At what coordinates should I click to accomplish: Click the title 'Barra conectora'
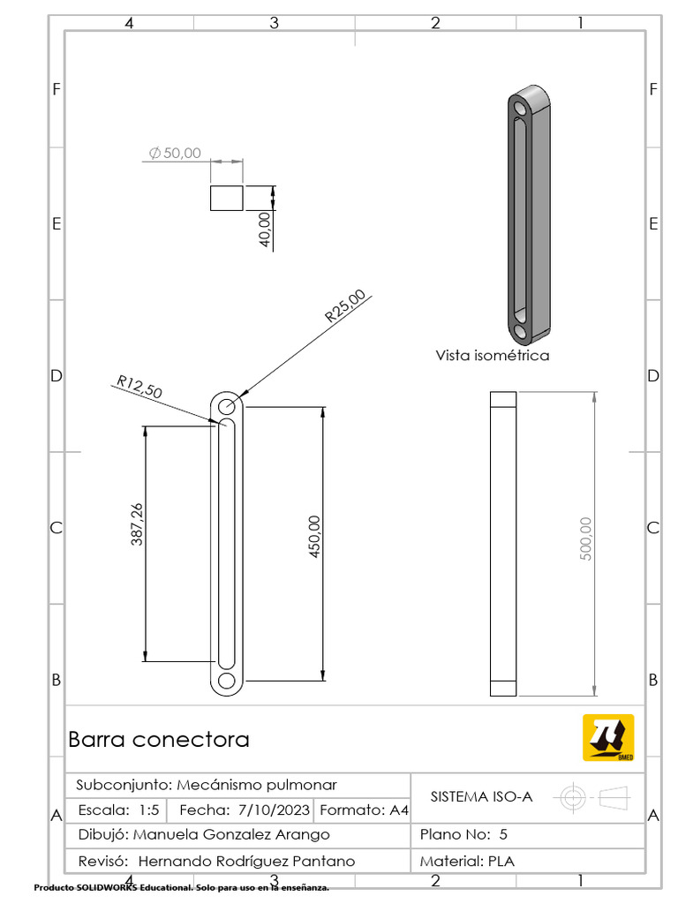click(159, 740)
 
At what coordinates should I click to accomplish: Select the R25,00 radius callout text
click(344, 305)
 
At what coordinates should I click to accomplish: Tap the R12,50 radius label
click(139, 388)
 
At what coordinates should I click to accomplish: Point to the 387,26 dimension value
click(137, 524)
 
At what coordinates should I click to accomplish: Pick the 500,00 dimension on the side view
click(585, 538)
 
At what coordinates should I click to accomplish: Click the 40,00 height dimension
click(265, 230)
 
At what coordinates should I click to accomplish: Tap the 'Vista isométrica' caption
click(492, 356)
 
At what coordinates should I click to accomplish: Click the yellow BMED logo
click(607, 737)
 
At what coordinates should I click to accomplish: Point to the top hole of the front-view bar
click(227, 406)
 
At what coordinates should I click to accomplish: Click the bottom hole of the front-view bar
click(227, 681)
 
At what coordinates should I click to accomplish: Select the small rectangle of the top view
click(226, 198)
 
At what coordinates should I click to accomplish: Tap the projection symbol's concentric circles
click(573, 798)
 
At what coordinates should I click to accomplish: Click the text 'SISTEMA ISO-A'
click(481, 796)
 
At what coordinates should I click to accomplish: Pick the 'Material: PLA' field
click(467, 861)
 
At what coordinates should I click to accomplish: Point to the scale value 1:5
click(148, 810)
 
